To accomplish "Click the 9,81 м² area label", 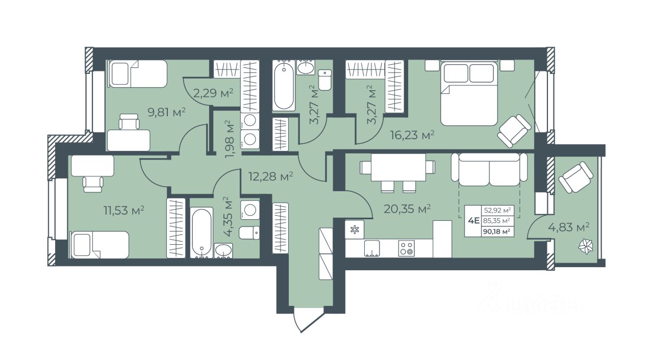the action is pyautogui.click(x=167, y=112).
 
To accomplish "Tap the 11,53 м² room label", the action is pyautogui.click(x=124, y=210).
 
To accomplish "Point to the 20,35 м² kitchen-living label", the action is pyautogui.click(x=407, y=209).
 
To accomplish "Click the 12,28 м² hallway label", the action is pyautogui.click(x=270, y=176).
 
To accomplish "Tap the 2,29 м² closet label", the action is pyautogui.click(x=213, y=93).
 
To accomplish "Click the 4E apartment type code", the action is pyautogui.click(x=474, y=220).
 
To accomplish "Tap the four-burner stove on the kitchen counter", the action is pyautogui.click(x=407, y=248).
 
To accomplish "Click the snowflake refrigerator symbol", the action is pyautogui.click(x=355, y=229).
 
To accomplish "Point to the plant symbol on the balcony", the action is pyautogui.click(x=586, y=247).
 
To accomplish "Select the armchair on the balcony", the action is pyautogui.click(x=576, y=177).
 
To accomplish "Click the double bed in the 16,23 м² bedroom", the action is pyautogui.click(x=468, y=93).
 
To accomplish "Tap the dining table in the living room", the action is pyautogui.click(x=398, y=167).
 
